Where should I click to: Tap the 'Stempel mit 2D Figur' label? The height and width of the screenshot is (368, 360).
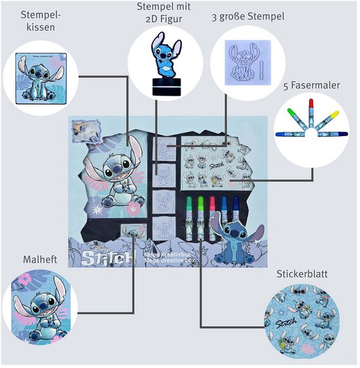160,12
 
